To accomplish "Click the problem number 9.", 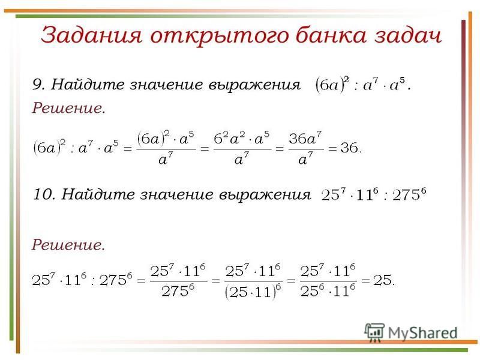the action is tap(38, 84).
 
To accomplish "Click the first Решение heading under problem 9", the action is tap(68, 108).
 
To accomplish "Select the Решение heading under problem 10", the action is tap(68, 245).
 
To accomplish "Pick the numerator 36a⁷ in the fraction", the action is tap(305, 138).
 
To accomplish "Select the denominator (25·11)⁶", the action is tap(253, 292).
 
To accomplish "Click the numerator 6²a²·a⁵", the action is tap(242, 139).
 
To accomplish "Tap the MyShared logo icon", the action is tap(374, 332).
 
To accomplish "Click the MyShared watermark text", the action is tap(423, 333).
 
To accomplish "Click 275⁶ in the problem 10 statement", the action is tap(409, 194).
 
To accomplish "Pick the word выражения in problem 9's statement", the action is tap(254, 85).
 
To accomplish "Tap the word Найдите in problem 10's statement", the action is tap(98, 194).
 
